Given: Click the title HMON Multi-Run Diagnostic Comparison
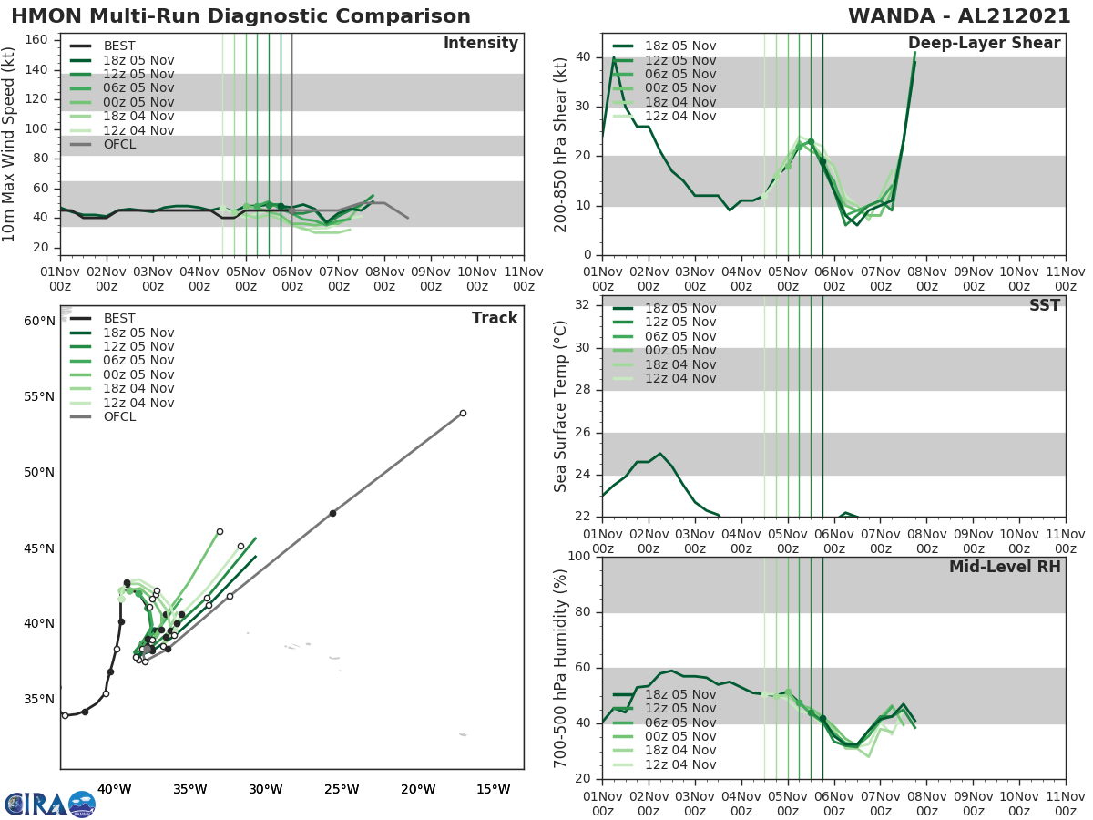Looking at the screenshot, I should pyautogui.click(x=240, y=16).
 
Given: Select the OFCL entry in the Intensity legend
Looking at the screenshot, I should pyautogui.click(x=119, y=144).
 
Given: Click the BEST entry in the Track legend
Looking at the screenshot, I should pyautogui.click(x=119, y=318).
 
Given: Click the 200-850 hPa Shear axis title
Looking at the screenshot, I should pyautogui.click(x=562, y=144).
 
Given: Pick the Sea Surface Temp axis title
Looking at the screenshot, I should pyautogui.click(x=562, y=406).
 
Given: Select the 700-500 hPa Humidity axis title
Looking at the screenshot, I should pyautogui.click(x=562, y=667).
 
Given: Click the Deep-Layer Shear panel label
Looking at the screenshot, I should pyautogui.click(x=984, y=44).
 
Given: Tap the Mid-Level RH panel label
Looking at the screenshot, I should pyautogui.click(x=1004, y=567).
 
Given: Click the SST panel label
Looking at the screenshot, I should pyautogui.click(x=1044, y=305).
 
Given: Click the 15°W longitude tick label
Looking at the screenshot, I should pyautogui.click(x=493, y=789).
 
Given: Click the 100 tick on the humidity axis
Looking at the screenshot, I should pyautogui.click(x=577, y=557).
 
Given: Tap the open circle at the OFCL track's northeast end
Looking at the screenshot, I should pyautogui.click(x=463, y=413).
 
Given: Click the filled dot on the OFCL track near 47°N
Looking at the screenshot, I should pyautogui.click(x=332, y=513).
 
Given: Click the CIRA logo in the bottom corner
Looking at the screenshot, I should pyautogui.click(x=49, y=804).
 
